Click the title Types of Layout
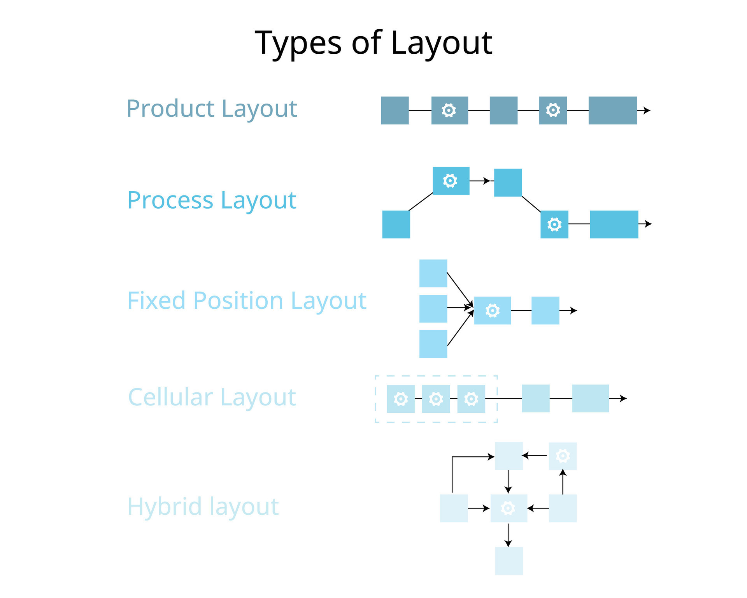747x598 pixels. tap(373, 43)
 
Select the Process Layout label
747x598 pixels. tap(212, 200)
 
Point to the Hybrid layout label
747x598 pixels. tap(203, 507)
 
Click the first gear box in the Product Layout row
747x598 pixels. tap(449, 111)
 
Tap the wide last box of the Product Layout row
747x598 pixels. tap(612, 111)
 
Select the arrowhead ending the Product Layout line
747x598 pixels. tap(647, 111)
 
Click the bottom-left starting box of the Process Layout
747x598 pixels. tap(396, 224)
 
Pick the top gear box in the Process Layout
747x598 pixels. tap(451, 181)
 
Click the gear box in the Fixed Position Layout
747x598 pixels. tap(492, 311)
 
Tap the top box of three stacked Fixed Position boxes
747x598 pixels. tap(433, 273)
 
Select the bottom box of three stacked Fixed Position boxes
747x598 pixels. tap(433, 344)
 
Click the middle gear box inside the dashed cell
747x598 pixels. tap(436, 399)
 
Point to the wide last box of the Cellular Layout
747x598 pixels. tap(590, 399)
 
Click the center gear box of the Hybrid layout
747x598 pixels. tap(509, 508)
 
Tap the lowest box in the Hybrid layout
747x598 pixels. tap(509, 561)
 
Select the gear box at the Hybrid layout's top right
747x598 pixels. tap(563, 456)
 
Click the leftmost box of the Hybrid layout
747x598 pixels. tap(454, 508)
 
